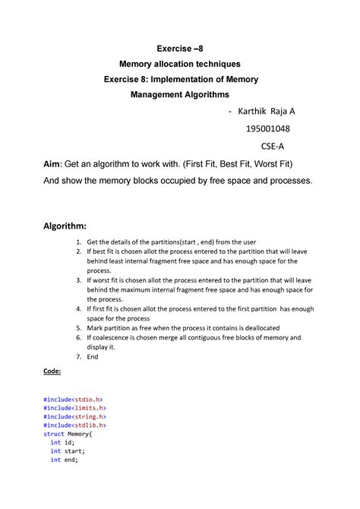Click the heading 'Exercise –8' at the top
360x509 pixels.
(181, 50)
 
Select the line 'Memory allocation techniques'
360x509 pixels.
(181, 65)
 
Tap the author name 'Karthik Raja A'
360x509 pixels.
(267, 112)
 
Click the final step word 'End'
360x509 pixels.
(93, 356)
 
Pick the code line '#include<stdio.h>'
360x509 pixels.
(74, 398)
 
